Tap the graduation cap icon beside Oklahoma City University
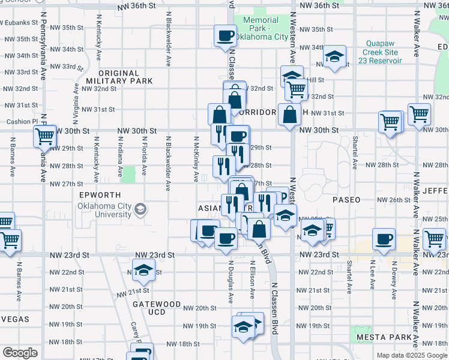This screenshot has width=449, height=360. point(140,209)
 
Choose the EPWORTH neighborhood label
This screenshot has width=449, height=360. point(100,195)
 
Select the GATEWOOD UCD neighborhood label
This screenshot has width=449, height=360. point(156,304)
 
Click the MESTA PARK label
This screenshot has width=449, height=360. point(382,337)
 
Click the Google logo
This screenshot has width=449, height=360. point(19,353)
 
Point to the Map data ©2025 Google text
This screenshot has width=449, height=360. point(412,355)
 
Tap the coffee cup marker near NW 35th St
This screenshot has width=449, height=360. point(225,35)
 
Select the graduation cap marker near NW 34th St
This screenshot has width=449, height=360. point(334,57)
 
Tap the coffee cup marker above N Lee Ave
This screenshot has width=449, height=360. point(383,239)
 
